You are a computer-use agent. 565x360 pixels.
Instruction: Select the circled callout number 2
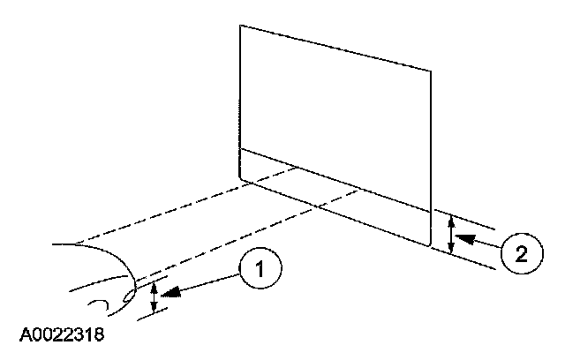point(520,254)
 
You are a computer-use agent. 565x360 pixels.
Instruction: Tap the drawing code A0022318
point(64,336)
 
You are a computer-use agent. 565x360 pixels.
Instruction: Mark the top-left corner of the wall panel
point(241,25)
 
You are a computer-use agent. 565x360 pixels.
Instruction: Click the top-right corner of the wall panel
point(432,69)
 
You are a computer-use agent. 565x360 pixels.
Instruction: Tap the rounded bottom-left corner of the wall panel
point(243,177)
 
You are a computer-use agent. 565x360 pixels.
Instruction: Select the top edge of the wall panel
point(335,47)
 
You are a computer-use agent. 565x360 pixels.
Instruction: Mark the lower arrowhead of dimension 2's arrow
point(452,250)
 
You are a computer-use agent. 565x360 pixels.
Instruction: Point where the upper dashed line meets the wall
point(297,169)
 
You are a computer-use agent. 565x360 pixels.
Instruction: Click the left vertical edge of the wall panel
point(240,97)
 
